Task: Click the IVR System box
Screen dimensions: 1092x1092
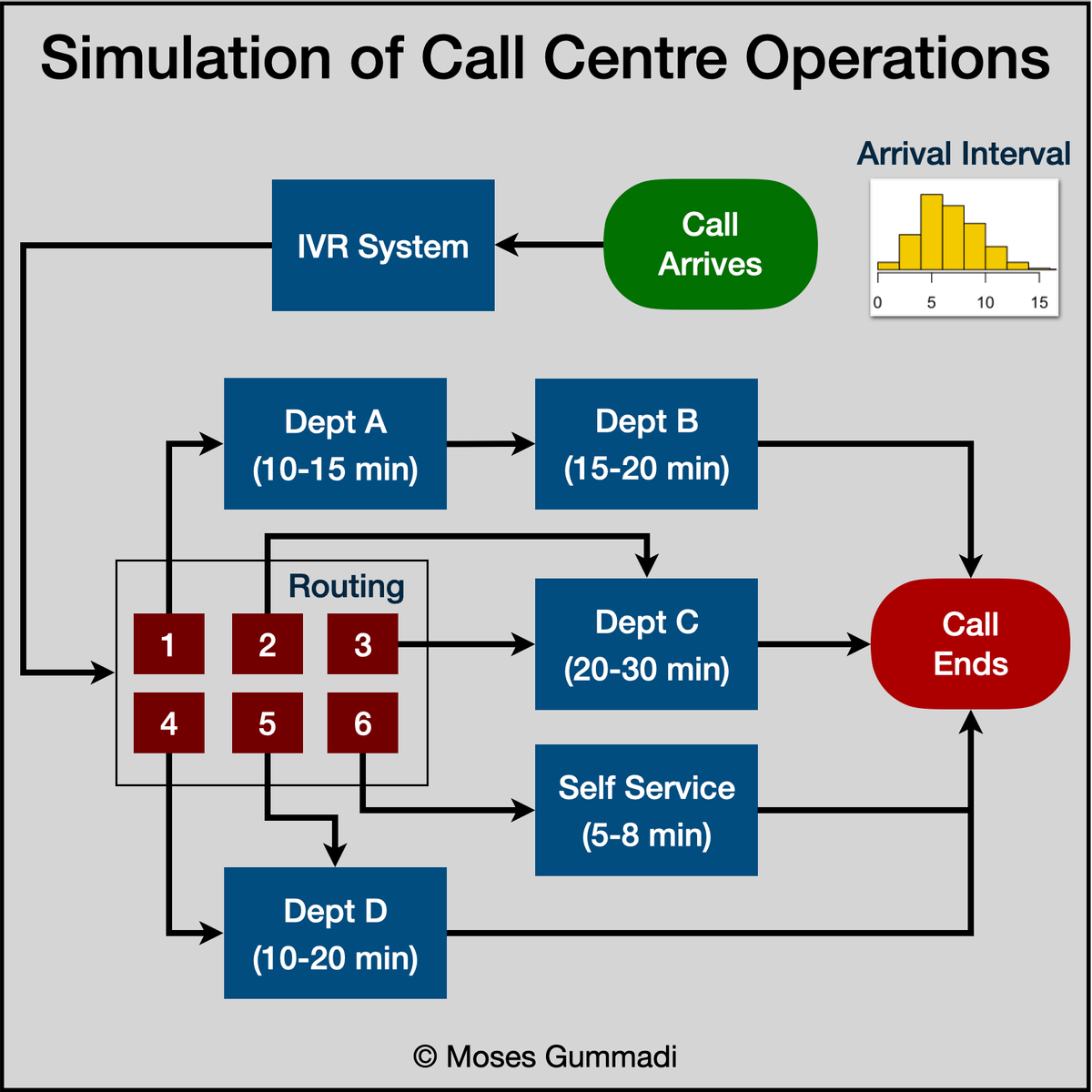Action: point(383,246)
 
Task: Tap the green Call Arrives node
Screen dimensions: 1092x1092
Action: point(710,244)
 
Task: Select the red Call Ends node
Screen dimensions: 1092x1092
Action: point(970,643)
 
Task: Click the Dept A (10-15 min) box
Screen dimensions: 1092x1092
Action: point(335,444)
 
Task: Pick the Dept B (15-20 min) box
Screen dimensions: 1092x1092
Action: point(646,444)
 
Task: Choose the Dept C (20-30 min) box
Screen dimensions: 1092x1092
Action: point(646,644)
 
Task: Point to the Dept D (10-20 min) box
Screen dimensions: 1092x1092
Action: point(335,934)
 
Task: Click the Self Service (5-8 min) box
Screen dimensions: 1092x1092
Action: point(646,810)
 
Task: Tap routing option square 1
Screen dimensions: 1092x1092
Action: point(168,644)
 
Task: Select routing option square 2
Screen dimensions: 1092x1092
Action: point(267,644)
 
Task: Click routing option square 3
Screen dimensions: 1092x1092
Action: point(362,644)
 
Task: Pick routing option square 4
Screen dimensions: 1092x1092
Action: point(168,723)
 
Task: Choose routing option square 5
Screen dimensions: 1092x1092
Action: point(267,723)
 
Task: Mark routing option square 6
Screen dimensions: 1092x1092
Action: point(362,723)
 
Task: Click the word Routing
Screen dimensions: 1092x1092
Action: point(346,586)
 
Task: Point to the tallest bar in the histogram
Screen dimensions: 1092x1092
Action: point(931,232)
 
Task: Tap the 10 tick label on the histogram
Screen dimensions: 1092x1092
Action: point(986,303)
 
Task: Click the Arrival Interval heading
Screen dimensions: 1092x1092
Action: point(964,154)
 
